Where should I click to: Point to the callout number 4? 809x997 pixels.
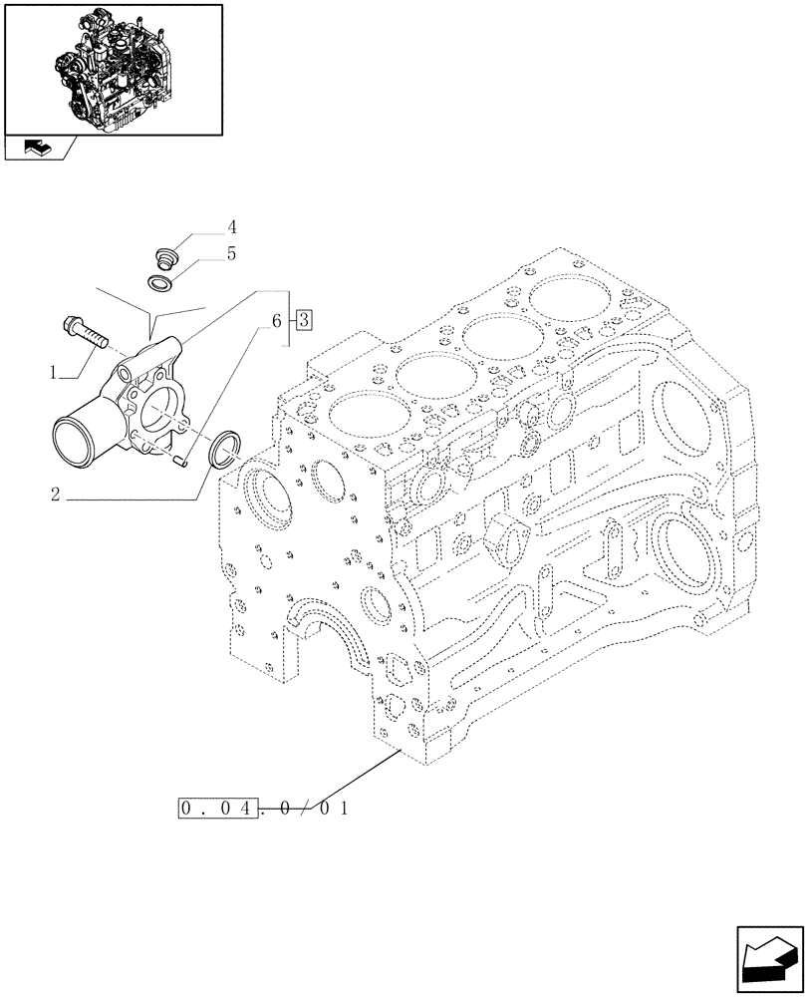coord(231,226)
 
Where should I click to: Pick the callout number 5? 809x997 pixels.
coord(231,254)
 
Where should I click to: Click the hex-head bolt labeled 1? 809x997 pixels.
coord(87,331)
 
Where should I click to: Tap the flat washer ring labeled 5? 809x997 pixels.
coord(161,285)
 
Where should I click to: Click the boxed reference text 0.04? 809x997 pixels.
coord(218,808)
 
